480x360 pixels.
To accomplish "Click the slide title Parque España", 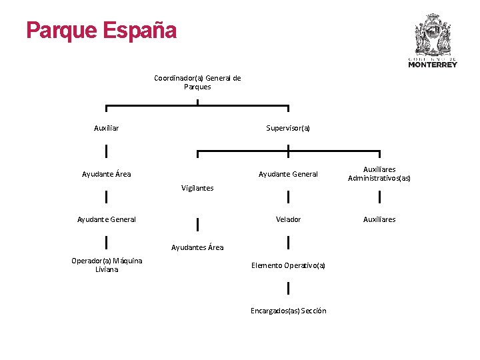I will tap(101, 31).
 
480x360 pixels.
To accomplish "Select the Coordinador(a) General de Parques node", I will tap(197, 82).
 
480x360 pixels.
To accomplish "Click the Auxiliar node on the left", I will tap(107, 128).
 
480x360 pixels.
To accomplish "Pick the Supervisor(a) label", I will tap(288, 128).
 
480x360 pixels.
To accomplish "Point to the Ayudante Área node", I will tap(107, 174).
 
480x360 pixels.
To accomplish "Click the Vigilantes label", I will tap(197, 188).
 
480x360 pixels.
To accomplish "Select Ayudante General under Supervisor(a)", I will tap(288, 174).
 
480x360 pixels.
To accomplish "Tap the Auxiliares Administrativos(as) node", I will tap(379, 174).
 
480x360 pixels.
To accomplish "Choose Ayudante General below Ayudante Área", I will tap(107, 219).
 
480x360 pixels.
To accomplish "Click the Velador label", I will tap(288, 219).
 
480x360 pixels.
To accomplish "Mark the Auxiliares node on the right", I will tap(379, 219).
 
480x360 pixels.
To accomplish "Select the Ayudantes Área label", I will tap(197, 247).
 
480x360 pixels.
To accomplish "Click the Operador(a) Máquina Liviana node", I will tap(107, 265).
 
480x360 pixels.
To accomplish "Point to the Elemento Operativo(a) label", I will tap(288, 265).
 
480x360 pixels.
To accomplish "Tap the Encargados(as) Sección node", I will tap(288, 311).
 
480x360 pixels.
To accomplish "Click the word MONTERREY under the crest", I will tap(433, 65).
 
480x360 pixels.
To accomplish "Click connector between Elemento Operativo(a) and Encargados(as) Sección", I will tap(288, 288).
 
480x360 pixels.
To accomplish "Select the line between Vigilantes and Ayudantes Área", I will tap(197, 224).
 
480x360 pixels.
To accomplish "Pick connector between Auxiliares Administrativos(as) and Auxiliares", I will tap(379, 197).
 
